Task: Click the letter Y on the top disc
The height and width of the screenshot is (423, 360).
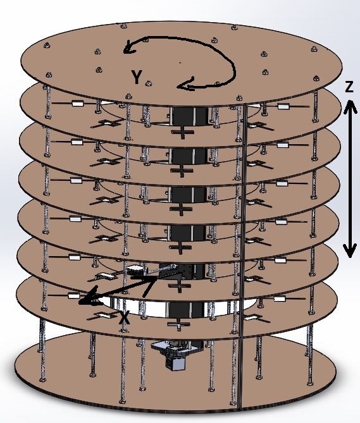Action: coord(137,77)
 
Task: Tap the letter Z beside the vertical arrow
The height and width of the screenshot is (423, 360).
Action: coord(349,87)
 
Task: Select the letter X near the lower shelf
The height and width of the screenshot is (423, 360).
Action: coord(125,317)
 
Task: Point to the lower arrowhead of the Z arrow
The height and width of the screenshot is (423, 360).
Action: coord(350,250)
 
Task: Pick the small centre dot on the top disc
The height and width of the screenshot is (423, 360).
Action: coord(180,63)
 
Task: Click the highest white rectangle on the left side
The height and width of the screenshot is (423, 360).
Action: coord(77,103)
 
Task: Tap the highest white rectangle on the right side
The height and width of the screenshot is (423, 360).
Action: coord(282,107)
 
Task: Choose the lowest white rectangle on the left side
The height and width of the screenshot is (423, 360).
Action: coord(73,296)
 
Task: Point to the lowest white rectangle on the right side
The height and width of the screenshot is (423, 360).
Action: coord(279,298)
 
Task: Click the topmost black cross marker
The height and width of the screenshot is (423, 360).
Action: coord(183,132)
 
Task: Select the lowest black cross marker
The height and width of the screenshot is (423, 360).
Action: coord(178,324)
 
